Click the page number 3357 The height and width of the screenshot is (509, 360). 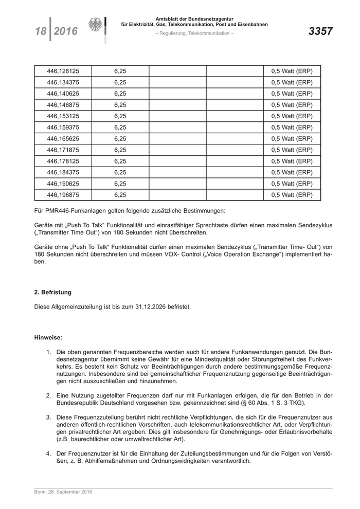pos(320,31)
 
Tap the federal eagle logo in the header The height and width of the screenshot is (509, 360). pos(96,25)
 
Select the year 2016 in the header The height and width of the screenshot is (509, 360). pos(65,32)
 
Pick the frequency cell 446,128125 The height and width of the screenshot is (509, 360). pos(62,71)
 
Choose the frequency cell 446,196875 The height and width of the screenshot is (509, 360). pos(62,195)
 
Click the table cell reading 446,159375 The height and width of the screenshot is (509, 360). pos(62,128)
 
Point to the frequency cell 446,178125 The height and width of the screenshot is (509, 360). pos(62,161)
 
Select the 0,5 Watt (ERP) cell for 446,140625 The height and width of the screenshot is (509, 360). pos(292,94)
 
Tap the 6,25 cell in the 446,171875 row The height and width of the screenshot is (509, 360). pos(120,150)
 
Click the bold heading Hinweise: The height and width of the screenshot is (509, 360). pos(48,337)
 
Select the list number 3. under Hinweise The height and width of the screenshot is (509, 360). pos(48,417)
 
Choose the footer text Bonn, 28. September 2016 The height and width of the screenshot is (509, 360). pos(63,492)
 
